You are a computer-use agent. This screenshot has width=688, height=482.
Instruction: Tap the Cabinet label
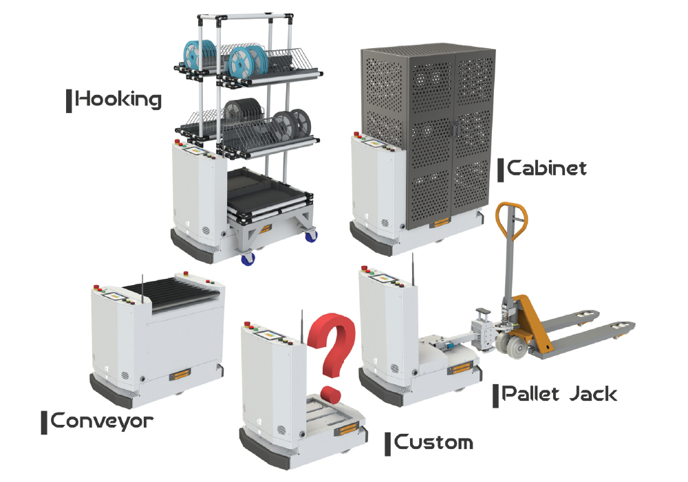(547, 169)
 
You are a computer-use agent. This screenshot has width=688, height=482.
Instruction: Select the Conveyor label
(102, 421)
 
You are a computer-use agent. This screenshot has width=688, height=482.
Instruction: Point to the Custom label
(433, 442)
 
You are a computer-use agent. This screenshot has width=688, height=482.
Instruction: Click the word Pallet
(531, 393)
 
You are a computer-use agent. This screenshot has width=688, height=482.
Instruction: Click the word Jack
(594, 394)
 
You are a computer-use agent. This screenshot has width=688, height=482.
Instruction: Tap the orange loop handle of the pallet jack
(512, 221)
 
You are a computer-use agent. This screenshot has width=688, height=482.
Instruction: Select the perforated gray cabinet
(428, 136)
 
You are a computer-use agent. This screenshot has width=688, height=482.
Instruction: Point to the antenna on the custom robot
(301, 326)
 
